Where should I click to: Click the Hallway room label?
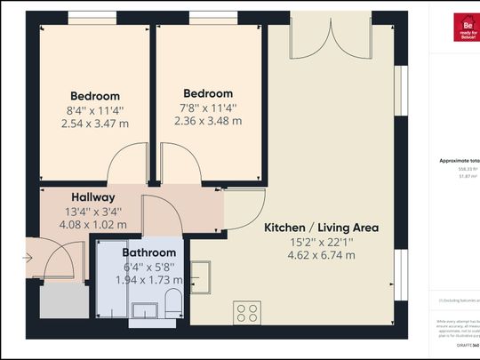[92, 197]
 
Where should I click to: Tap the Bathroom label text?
[148, 251]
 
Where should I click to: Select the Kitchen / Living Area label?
[321, 228]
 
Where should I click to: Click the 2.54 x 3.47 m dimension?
[94, 124]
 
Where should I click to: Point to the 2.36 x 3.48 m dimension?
[208, 121]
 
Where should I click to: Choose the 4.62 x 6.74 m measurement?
[321, 255]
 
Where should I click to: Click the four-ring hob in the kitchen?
[247, 313]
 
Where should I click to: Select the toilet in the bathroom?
[174, 302]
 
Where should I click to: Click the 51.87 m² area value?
[468, 177]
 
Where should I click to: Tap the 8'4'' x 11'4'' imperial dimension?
[94, 110]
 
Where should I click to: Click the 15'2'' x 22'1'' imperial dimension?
[321, 242]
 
